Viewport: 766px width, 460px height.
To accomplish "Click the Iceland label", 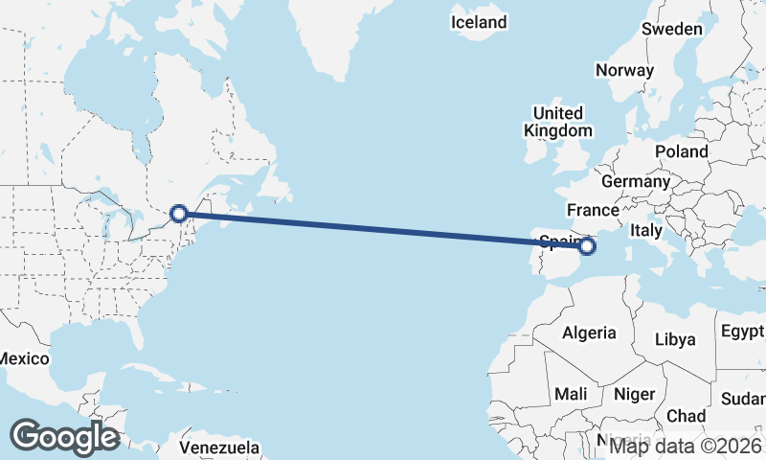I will [479, 21].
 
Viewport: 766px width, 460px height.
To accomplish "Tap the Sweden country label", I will [671, 29].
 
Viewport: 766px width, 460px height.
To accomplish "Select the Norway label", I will [624, 70].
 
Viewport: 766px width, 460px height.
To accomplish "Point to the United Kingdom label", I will [558, 122].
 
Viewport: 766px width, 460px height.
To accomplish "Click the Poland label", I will [682, 151].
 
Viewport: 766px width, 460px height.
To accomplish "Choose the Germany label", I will [636, 181].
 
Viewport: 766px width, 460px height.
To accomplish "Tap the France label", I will [593, 210].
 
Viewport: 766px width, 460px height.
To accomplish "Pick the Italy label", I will [645, 231].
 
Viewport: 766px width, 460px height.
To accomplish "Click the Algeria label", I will [589, 333].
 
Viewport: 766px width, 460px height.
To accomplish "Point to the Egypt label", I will [743, 332].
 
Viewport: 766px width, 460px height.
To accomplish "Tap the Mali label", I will [571, 394].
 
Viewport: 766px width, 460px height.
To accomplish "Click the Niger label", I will [633, 394].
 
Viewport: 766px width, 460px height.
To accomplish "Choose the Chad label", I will [686, 416].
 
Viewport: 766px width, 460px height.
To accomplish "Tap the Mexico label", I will [23, 358].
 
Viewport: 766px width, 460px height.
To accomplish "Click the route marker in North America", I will [178, 214].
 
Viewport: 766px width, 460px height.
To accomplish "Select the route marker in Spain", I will [587, 246].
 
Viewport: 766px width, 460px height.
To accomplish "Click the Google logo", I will [64, 437].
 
